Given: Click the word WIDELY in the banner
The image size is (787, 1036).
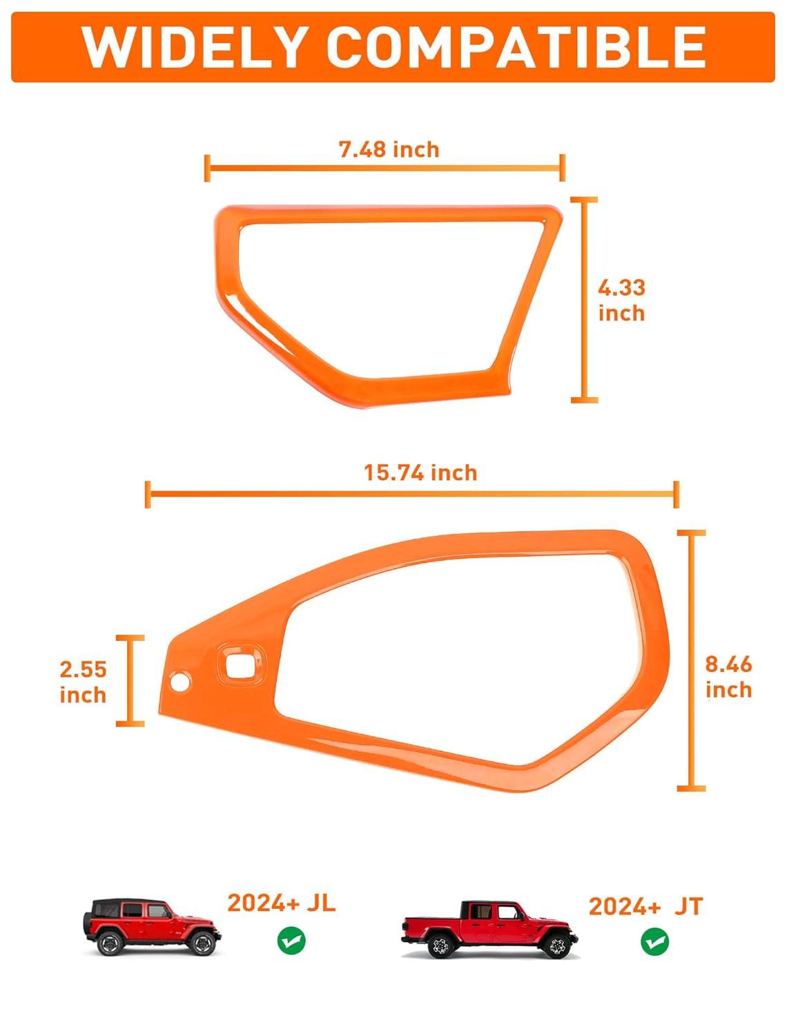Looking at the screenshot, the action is [193, 48].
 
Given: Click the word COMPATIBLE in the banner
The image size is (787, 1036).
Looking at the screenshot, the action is [516, 48].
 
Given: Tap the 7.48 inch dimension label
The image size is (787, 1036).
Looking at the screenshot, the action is [389, 150].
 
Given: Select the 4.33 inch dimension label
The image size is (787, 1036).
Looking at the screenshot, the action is [621, 300].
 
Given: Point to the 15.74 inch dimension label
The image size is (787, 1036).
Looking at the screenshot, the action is [420, 473].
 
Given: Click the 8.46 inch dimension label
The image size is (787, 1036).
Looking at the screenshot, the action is [728, 677].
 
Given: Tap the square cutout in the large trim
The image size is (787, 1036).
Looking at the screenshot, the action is [240, 664].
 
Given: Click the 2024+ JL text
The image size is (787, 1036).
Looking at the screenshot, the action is [282, 903].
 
